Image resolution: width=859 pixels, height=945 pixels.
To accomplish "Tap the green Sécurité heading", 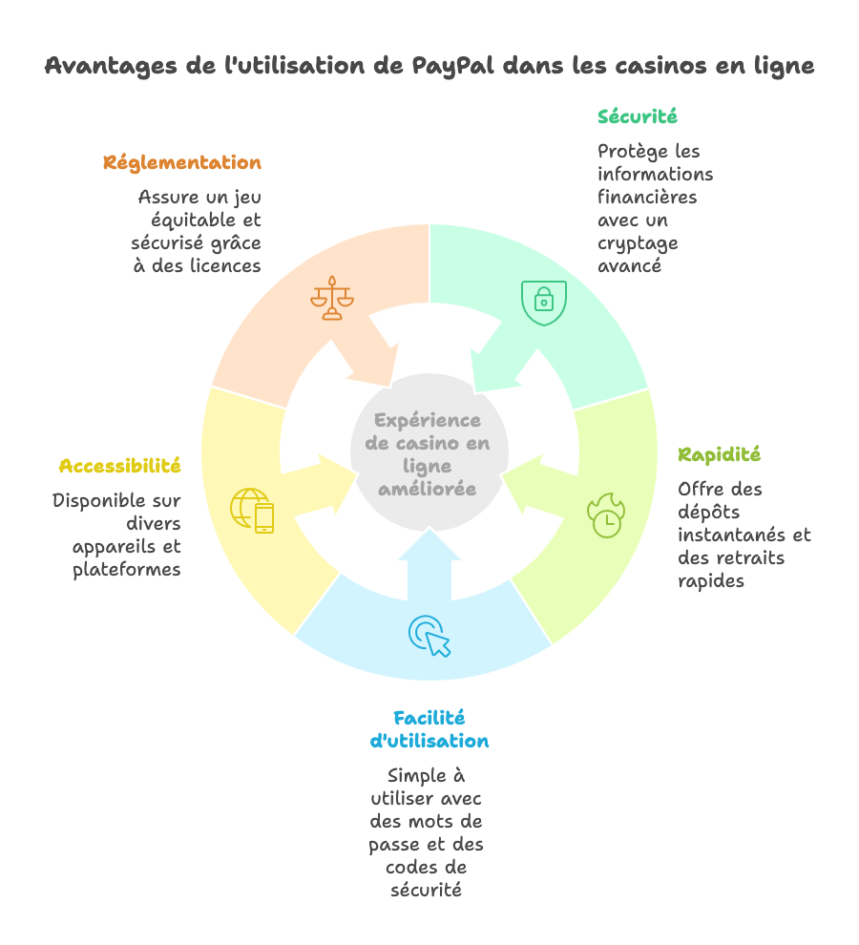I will [638, 116].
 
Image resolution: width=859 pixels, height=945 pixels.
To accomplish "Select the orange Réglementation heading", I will [181, 163].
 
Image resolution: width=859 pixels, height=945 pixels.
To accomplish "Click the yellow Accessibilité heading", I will [119, 466].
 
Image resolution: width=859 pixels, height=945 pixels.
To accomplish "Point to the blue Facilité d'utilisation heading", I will [429, 729].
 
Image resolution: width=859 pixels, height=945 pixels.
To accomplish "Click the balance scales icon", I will [331, 298].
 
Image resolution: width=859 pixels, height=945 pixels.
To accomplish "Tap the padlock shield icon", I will [543, 302].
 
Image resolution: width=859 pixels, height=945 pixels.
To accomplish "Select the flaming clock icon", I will [605, 514].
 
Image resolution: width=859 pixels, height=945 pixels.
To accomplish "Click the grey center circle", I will [428, 454].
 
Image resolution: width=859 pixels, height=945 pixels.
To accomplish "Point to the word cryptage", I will [638, 243].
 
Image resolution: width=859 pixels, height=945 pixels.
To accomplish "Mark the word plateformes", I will [127, 570].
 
